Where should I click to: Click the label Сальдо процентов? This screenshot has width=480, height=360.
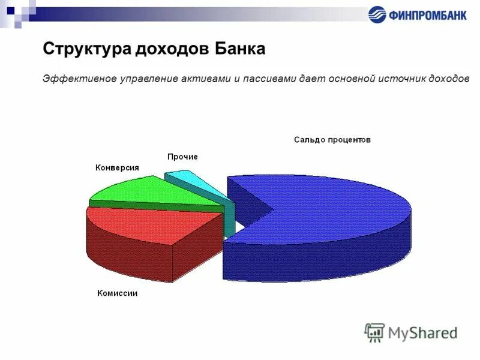point(332,140)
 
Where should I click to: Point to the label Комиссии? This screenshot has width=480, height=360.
point(118,293)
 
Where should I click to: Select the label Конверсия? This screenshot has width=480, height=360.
point(117,168)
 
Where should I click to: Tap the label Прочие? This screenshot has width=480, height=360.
point(182,157)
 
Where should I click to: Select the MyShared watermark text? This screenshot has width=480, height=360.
point(422,332)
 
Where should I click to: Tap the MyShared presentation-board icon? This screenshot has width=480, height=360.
point(374,332)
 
